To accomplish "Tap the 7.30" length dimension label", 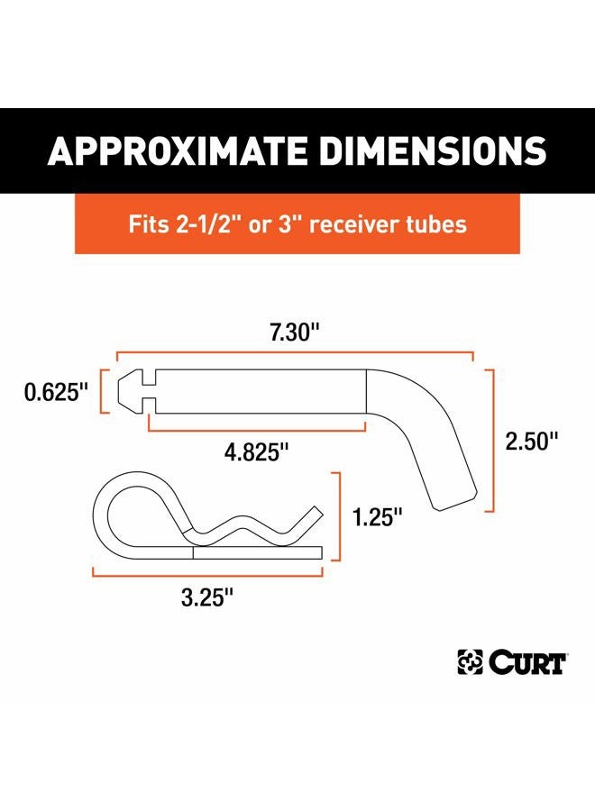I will (x=292, y=333).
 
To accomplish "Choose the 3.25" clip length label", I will (x=206, y=596).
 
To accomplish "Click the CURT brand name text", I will (x=527, y=663).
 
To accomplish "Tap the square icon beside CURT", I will (x=470, y=663).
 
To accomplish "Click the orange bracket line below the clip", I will (x=206, y=571).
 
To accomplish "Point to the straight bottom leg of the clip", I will (x=257, y=553).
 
